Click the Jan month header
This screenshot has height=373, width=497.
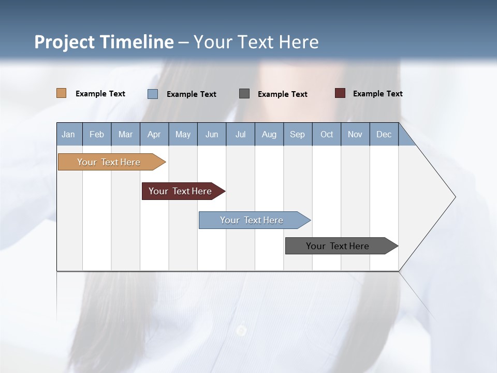point(68,134)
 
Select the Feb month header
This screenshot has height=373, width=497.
point(97,134)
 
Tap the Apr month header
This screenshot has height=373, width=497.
point(154,134)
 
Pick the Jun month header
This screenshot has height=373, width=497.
point(212,134)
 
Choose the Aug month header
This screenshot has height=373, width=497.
point(269,134)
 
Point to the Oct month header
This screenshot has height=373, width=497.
point(327,134)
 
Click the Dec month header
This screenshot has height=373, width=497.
point(384,134)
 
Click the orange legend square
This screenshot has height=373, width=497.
point(62,93)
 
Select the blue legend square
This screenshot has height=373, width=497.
point(153,94)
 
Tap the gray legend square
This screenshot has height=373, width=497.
point(244,94)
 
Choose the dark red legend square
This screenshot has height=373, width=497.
point(340,93)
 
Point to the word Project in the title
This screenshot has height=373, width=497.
point(64,42)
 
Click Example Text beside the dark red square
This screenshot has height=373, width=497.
point(377,93)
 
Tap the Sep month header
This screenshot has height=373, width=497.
point(298,134)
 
